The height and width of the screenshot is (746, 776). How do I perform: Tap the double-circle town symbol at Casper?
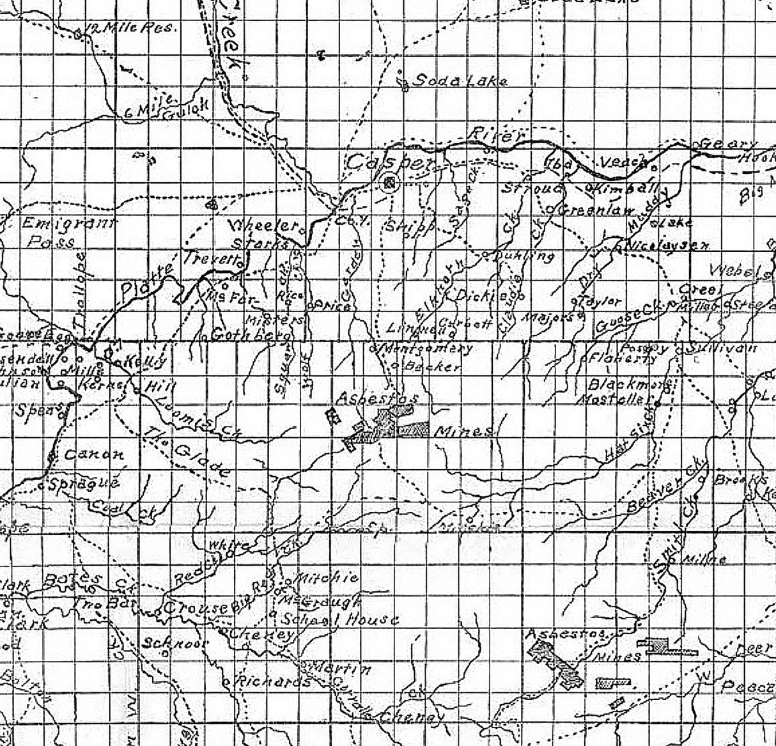point(389,183)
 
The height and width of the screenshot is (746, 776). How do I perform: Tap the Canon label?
point(94,455)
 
